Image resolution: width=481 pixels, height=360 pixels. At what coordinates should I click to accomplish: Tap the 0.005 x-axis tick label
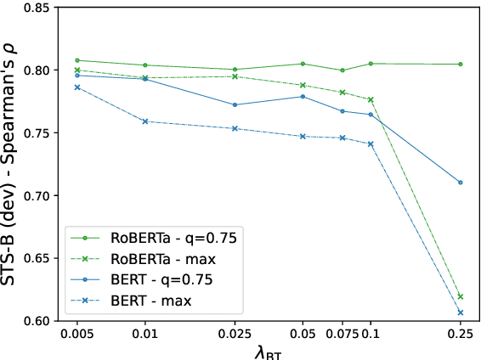tap(77, 336)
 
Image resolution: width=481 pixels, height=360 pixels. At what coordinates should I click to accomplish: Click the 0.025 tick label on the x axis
tap(235, 336)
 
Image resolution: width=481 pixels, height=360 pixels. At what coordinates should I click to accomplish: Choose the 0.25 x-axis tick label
tap(460, 336)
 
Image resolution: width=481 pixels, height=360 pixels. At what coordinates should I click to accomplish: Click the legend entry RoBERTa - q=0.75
tap(161, 239)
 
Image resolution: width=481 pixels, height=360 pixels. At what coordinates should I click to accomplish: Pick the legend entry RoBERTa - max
tap(149, 259)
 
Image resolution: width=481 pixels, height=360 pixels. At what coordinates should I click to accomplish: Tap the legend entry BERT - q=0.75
tap(149, 279)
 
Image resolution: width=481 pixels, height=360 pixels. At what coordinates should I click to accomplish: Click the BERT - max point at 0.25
tap(460, 312)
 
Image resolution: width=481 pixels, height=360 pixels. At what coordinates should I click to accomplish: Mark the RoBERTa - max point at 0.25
tap(460, 296)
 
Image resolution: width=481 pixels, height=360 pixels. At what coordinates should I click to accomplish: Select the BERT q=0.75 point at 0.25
tap(460, 183)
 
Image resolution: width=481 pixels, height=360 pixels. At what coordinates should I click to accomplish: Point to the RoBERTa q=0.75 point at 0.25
tap(460, 65)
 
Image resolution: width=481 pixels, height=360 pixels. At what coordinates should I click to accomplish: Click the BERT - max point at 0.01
tap(145, 121)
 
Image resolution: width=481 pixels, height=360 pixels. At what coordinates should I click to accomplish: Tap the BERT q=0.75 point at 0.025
tap(235, 104)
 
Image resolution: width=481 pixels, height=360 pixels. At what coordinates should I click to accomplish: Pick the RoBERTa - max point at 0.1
tap(371, 100)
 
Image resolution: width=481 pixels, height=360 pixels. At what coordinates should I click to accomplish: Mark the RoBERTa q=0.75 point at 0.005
tap(77, 60)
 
